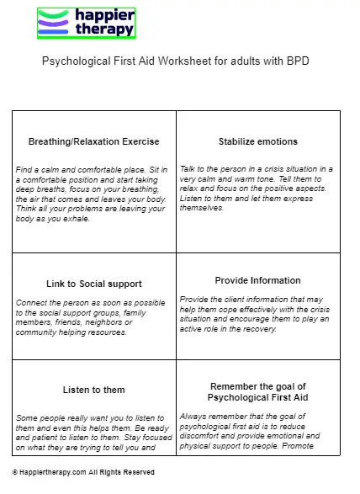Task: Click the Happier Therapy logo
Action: pos(86,22)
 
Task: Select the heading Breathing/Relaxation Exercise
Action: pos(93,141)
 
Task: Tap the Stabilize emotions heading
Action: pos(257,141)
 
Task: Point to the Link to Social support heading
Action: pos(93,284)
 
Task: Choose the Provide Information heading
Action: pos(257,280)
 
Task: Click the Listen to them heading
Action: pos(93,390)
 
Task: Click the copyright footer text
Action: pos(83,473)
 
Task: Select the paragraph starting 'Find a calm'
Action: pos(93,194)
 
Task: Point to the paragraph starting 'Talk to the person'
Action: pos(257,188)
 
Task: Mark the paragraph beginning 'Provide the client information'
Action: pos(257,314)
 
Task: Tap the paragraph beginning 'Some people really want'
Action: pos(93,433)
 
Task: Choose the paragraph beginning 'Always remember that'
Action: pos(257,430)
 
